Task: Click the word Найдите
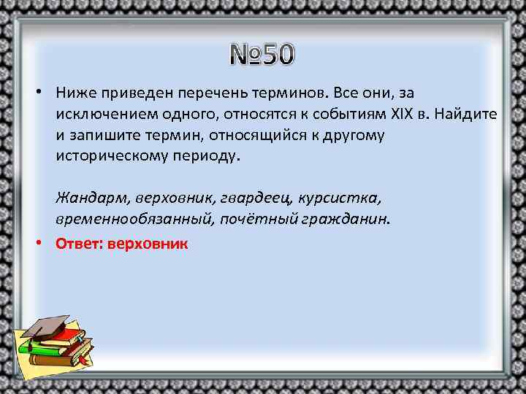pyautogui.click(x=462, y=115)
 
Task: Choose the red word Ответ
pyautogui.click(x=79, y=243)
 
